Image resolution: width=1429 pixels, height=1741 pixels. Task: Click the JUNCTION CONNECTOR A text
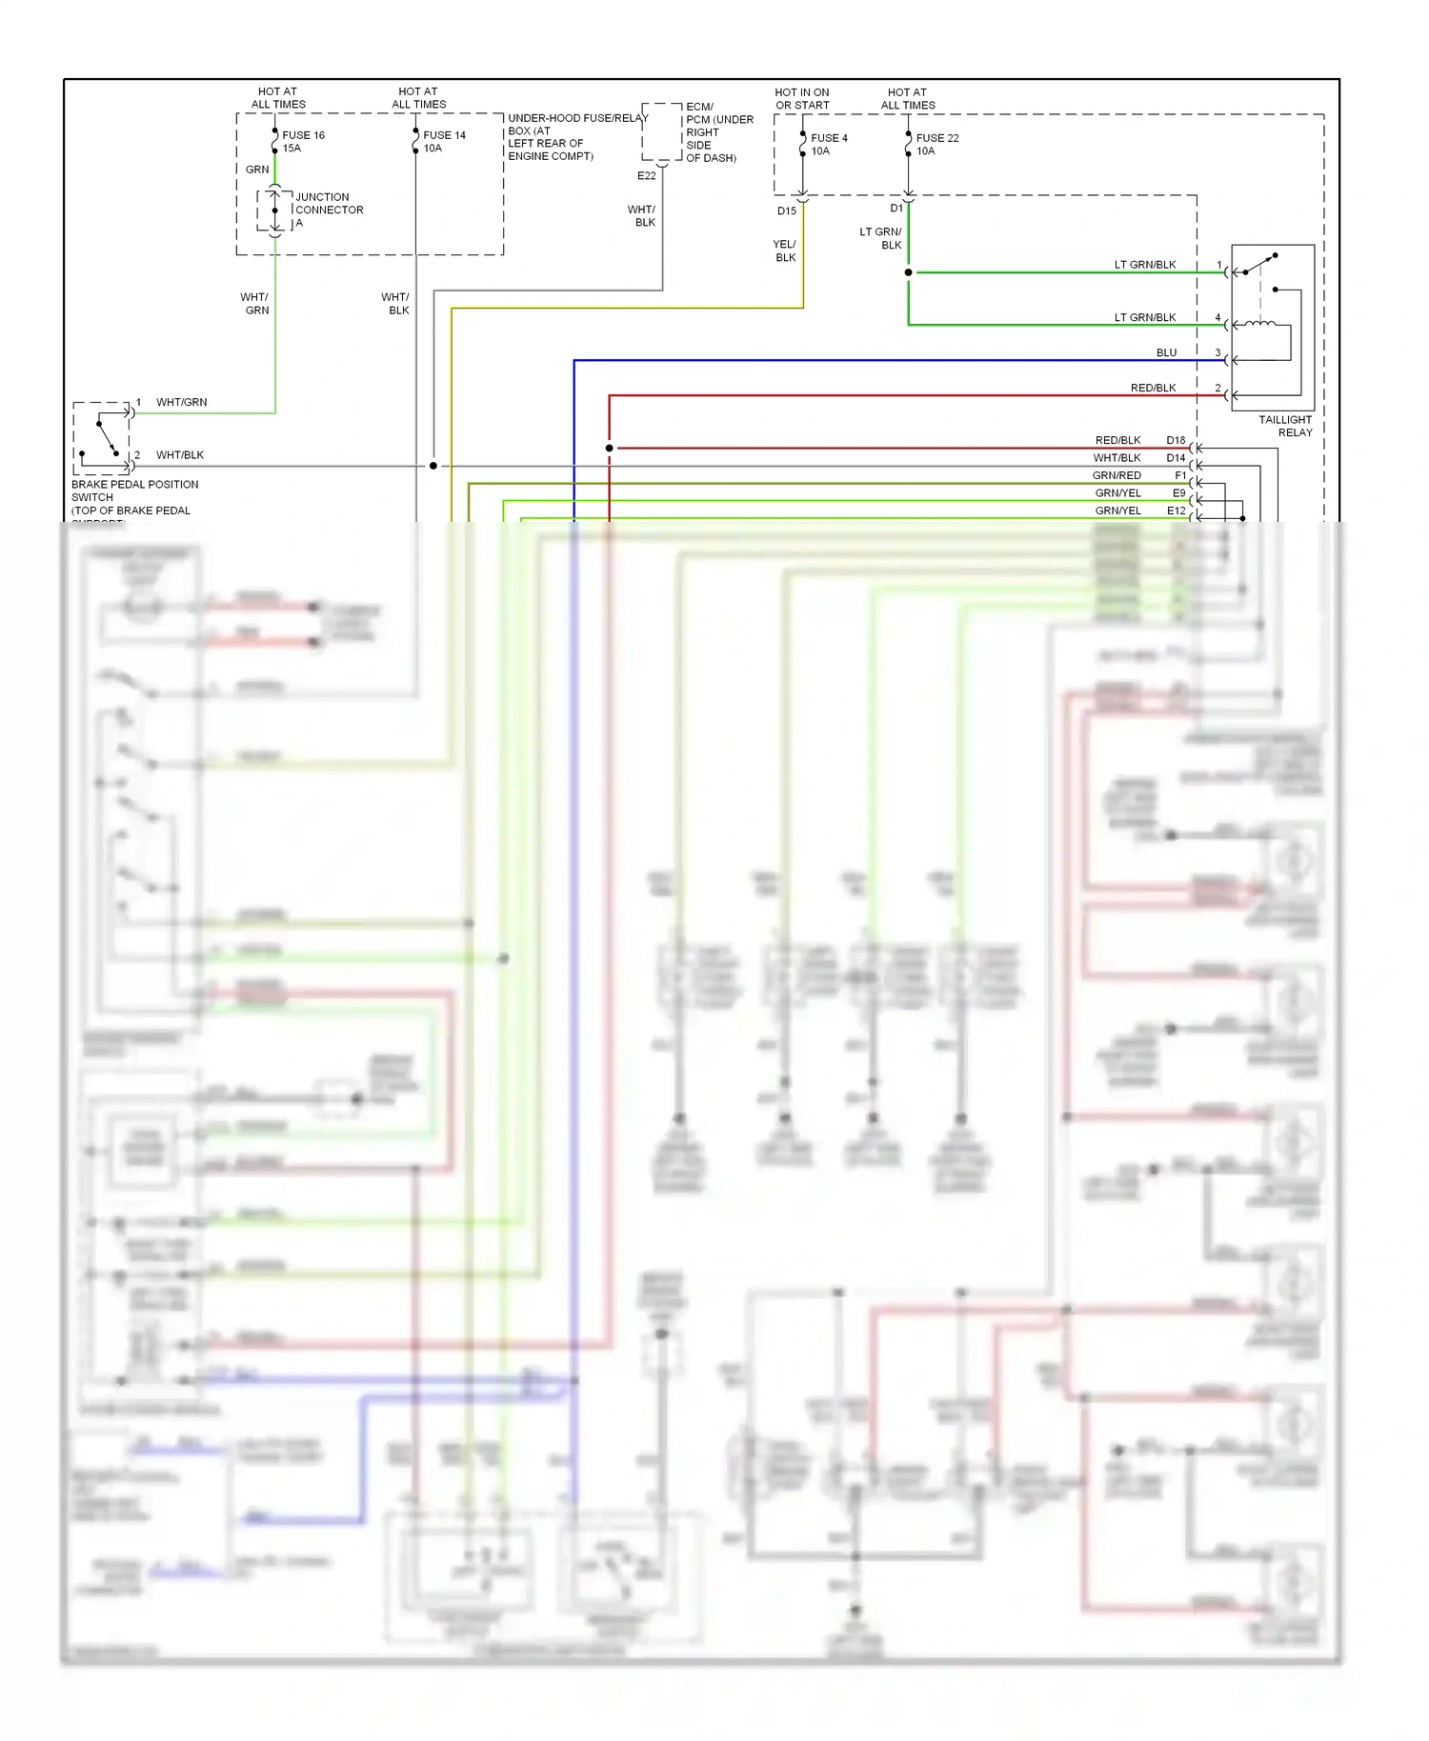[x=329, y=210]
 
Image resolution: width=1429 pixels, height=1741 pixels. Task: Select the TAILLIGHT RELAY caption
[x=1285, y=426]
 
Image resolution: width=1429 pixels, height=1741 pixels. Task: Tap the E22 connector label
[x=646, y=175]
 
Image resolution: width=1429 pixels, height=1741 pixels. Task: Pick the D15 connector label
[x=786, y=210]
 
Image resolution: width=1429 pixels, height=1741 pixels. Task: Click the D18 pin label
[x=1176, y=440]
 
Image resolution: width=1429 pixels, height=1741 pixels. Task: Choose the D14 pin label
[x=1176, y=458]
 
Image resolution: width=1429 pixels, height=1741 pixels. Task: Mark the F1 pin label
[x=1180, y=475]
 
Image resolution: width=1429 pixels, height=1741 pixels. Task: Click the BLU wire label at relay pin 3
[x=1166, y=352]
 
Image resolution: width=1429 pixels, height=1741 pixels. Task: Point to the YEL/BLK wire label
[x=785, y=250]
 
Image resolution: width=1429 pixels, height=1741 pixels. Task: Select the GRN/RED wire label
[x=1117, y=475]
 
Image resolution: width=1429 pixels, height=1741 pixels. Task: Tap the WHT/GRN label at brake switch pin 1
[x=181, y=402]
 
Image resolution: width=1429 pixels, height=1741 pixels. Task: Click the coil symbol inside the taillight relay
[x=1260, y=326]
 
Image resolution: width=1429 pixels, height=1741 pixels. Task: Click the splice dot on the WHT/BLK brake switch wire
[x=433, y=466]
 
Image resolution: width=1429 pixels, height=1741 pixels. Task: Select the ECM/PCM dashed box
[x=661, y=131]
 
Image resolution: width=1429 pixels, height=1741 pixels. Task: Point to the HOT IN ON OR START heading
[x=802, y=99]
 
